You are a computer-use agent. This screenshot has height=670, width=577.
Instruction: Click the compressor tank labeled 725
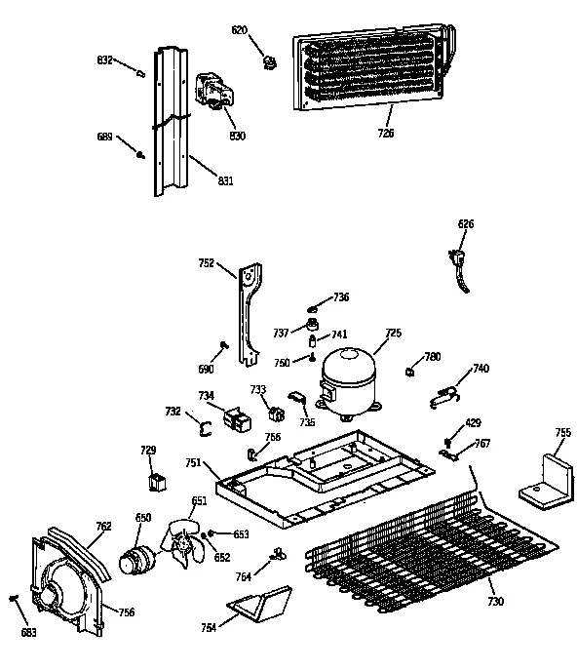pyautogui.click(x=349, y=374)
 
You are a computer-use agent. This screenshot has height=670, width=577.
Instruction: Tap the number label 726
pyautogui.click(x=386, y=133)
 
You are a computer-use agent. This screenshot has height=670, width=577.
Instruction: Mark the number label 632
pyautogui.click(x=105, y=60)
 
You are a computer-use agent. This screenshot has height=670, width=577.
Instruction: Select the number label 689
pyautogui.click(x=105, y=137)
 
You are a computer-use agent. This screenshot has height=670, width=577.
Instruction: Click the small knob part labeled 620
pyautogui.click(x=266, y=62)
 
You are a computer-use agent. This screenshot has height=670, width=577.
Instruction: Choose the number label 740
pyautogui.click(x=481, y=369)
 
